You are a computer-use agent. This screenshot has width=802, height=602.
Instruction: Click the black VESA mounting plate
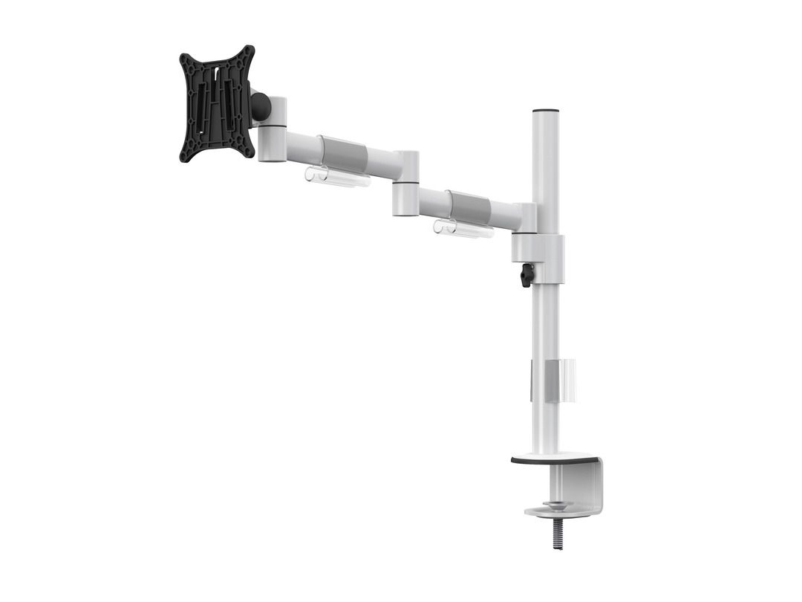pos(217,104)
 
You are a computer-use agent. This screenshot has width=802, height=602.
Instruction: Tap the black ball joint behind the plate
pos(261,107)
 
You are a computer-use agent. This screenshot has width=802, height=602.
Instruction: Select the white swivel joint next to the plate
pos(273,128)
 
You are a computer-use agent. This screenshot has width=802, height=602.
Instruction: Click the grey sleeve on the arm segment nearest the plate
pos(343,154)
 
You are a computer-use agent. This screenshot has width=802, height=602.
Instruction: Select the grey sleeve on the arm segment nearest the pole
pos(468,207)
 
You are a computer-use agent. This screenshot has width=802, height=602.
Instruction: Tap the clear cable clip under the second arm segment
pos(462,229)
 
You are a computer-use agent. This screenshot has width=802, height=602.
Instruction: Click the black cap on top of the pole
pos(546,111)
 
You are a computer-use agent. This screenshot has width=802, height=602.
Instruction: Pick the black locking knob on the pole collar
pos(527,275)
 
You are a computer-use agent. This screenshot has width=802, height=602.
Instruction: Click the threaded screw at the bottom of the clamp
pos(558,534)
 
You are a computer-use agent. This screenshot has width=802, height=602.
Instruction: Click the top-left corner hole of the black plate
pos(187,59)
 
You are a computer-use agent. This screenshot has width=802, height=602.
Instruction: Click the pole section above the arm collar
pos(546,171)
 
